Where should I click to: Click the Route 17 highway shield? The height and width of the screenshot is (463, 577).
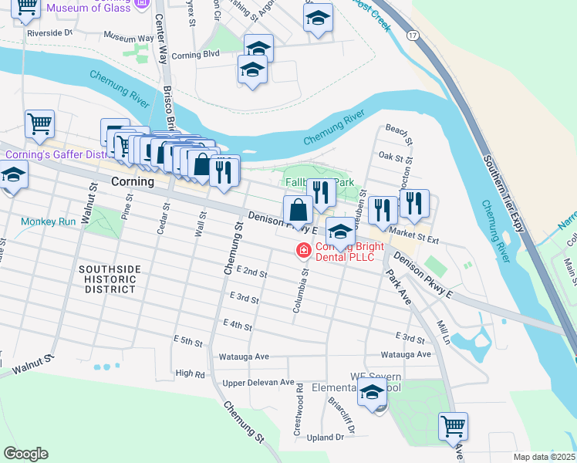[413, 36]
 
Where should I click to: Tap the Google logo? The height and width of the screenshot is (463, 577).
[25, 454]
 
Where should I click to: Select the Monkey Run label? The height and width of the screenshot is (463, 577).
[49, 221]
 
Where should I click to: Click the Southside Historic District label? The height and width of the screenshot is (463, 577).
[110, 279]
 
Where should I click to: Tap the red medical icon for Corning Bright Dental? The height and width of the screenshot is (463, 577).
[303, 250]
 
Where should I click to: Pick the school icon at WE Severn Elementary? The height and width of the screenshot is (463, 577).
[372, 394]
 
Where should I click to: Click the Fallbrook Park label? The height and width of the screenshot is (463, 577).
[317, 182]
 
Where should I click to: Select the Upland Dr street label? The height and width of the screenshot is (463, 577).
[325, 438]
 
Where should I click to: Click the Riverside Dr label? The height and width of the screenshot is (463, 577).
[49, 33]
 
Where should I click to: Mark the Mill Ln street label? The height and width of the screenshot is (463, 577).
[443, 333]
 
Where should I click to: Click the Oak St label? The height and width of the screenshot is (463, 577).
[386, 157]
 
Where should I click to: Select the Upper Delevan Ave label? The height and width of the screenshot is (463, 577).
[258, 382]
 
